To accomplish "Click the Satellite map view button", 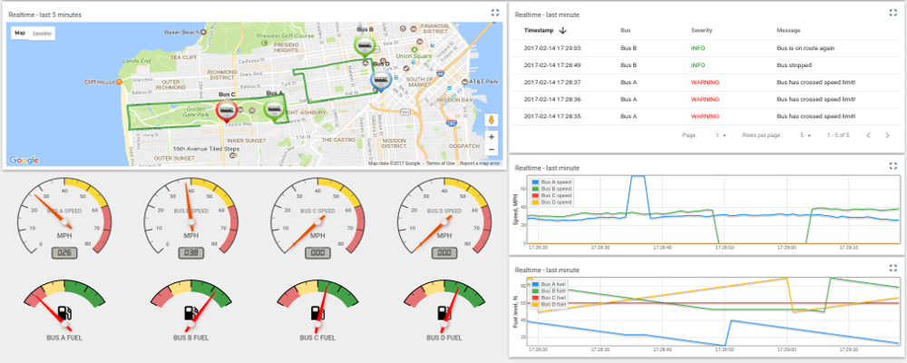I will click(x=42, y=33).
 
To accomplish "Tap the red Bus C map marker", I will click(x=226, y=110).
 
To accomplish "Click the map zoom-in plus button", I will click(x=492, y=136).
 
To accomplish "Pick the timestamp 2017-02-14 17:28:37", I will click(x=552, y=83).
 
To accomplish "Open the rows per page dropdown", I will click(x=805, y=135).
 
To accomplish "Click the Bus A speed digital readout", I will click(x=63, y=252).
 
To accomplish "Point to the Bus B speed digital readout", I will click(x=190, y=252).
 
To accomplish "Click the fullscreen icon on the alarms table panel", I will click(x=892, y=13).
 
